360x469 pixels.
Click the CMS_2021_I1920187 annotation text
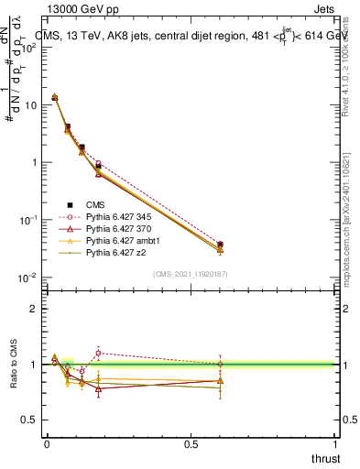click(191, 273)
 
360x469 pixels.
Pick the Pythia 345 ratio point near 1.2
click(98, 353)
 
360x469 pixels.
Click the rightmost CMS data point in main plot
click(220, 245)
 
